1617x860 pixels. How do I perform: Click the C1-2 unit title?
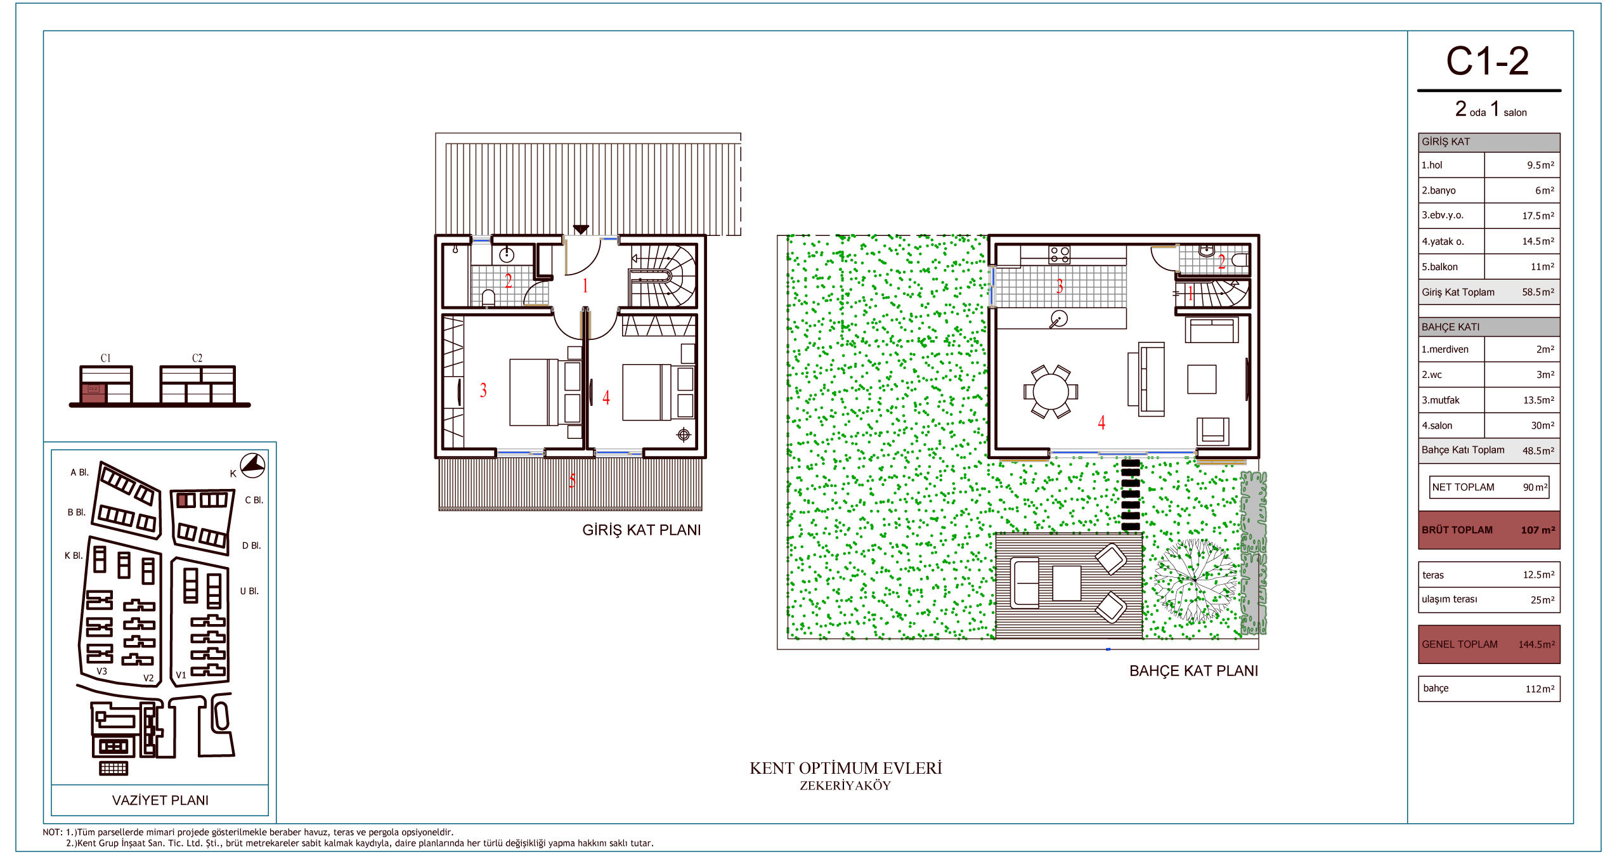1487,62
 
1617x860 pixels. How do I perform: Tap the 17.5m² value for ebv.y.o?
1538,216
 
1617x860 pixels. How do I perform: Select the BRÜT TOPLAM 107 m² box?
1489,530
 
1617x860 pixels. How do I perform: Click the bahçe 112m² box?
1489,689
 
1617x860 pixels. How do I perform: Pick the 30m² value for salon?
1542,426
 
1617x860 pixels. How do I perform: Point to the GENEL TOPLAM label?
1459,644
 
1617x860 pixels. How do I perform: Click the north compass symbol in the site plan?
252,465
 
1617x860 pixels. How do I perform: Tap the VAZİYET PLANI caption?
160,800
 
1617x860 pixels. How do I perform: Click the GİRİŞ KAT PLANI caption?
642,530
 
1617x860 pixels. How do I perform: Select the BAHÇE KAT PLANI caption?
1193,671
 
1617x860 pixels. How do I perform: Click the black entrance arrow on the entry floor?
581,230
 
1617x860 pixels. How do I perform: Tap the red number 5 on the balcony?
572,481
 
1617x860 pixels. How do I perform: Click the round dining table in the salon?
1050,391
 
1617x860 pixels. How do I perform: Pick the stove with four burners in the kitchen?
1059,255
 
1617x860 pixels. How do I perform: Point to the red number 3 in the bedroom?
483,390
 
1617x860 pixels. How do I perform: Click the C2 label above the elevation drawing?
197,358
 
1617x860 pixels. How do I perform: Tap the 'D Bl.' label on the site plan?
252,545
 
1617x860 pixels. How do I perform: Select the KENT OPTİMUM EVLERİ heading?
846,769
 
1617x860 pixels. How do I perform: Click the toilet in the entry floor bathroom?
488,297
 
